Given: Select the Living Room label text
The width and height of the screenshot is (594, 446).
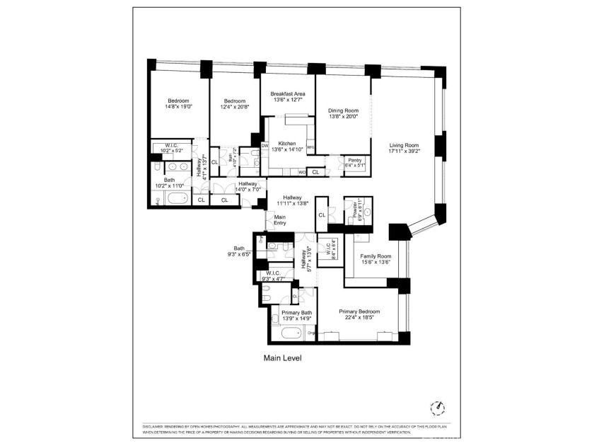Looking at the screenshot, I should click(404, 147).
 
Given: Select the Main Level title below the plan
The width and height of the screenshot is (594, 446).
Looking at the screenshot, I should click(283, 358).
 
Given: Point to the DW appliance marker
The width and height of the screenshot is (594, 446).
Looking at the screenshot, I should click(265, 147).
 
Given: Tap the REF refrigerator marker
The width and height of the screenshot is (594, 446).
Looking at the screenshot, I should click(310, 147).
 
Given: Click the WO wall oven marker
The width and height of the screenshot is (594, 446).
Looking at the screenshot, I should click(302, 172).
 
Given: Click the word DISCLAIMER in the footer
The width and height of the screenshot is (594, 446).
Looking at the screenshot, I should click(155, 426).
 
